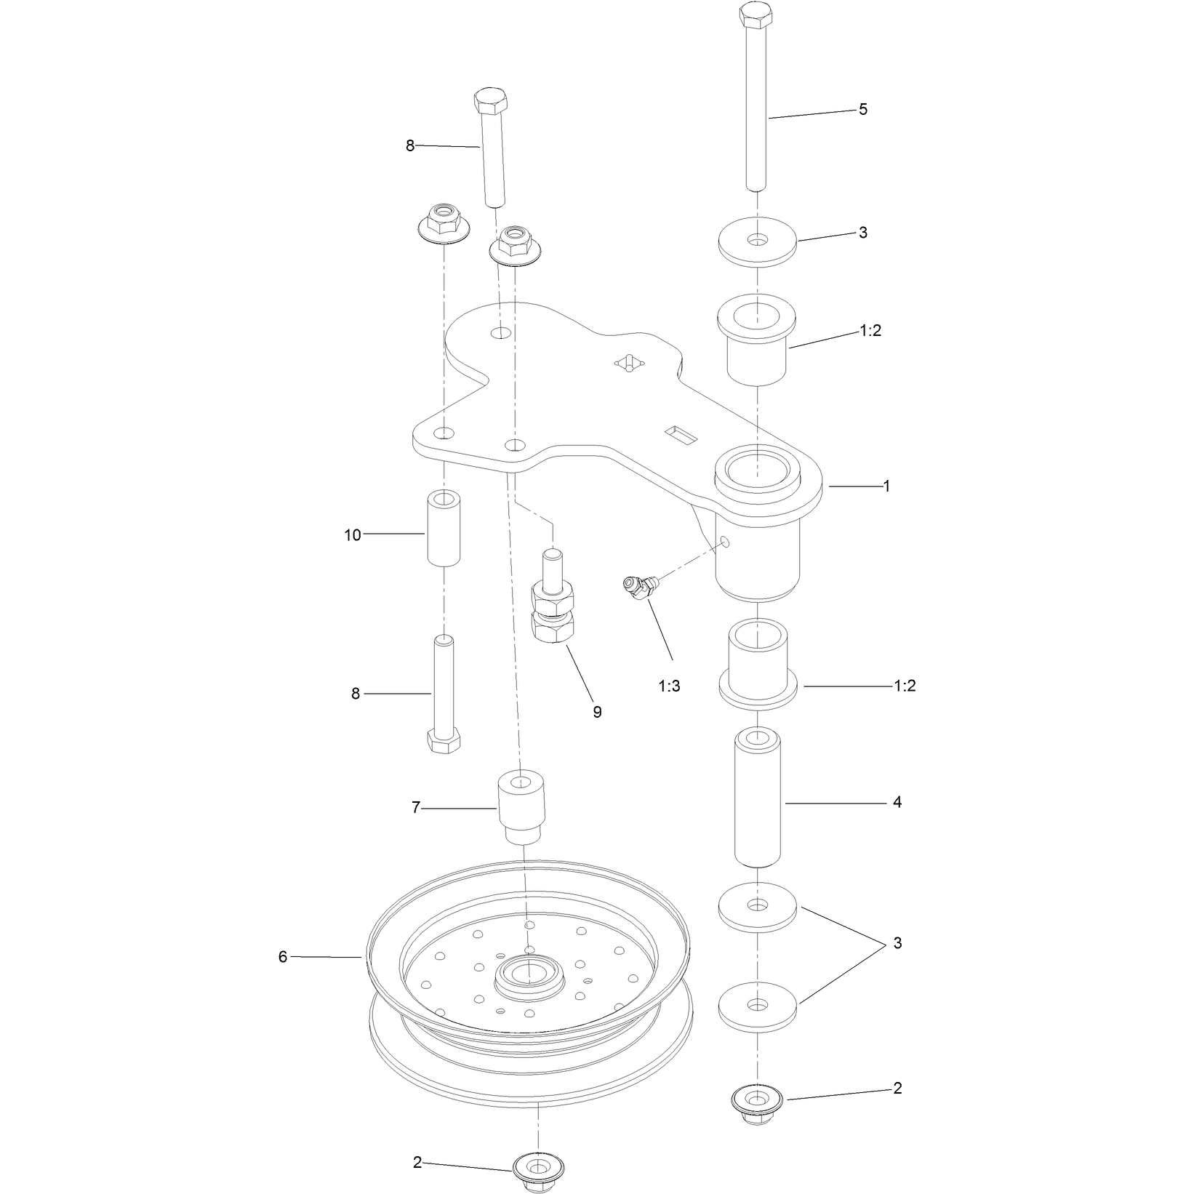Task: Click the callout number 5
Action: [x=862, y=109]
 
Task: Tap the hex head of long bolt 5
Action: [x=758, y=16]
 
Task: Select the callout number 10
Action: [x=353, y=535]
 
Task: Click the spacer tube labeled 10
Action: [x=444, y=529]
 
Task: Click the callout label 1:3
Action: [x=669, y=686]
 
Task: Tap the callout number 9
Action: [x=597, y=712]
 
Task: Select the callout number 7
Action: [x=416, y=807]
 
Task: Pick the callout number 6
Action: [x=283, y=957]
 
